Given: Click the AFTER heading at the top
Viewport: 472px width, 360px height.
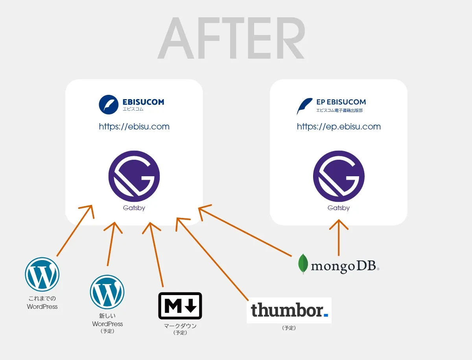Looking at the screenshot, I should tap(231, 39).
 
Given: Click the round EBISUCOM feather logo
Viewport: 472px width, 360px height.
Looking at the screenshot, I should tap(109, 104).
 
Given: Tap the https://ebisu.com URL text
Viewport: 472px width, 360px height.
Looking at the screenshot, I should tap(134, 127).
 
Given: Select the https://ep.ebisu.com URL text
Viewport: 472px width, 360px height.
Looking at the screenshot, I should tap(339, 127).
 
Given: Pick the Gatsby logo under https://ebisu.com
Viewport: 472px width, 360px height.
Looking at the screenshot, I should tap(134, 176).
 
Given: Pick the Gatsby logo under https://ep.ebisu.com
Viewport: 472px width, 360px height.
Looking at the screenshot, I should tap(339, 176).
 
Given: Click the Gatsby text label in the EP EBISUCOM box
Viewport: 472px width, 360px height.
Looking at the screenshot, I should tap(339, 208).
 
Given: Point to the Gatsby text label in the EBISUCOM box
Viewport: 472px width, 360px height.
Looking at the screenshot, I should tap(134, 208).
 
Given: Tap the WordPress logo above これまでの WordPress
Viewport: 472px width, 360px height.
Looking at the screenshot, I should tap(42, 274).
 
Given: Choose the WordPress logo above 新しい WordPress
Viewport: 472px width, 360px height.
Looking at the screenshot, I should tap(107, 292).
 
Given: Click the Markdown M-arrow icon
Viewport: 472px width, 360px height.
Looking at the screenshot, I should tap(180, 306).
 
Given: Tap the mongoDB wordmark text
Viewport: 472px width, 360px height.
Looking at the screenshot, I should tap(345, 266).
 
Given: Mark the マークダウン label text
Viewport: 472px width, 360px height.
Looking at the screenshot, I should tap(180, 326).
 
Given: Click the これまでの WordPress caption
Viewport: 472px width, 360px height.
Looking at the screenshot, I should tap(42, 303).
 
